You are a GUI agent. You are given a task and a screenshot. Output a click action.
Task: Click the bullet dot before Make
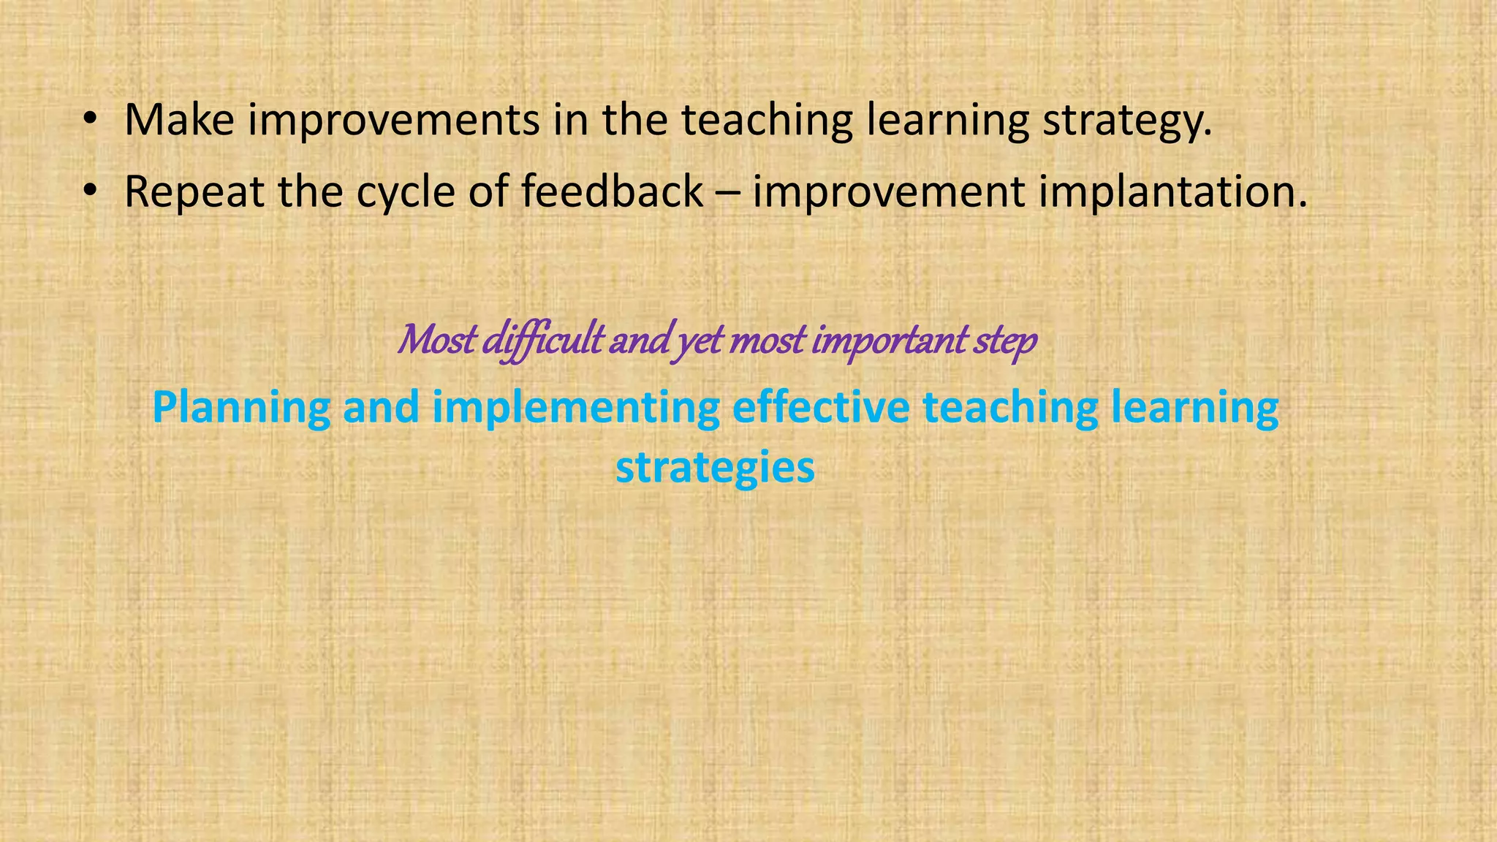pyautogui.click(x=89, y=121)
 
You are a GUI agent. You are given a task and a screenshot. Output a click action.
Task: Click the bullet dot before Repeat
pyautogui.click(x=89, y=191)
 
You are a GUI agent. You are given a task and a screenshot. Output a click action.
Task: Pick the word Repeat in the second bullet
pyautogui.click(x=194, y=191)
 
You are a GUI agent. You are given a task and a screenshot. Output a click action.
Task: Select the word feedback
pyautogui.click(x=612, y=191)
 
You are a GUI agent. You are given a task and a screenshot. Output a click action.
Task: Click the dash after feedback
pyautogui.click(x=727, y=193)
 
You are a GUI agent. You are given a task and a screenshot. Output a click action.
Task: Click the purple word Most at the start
pyautogui.click(x=436, y=340)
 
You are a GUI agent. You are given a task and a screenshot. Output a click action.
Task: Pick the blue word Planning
pyautogui.click(x=241, y=408)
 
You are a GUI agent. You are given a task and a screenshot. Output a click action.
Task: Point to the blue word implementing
pyautogui.click(x=575, y=408)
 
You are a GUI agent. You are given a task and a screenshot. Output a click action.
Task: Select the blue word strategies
pyautogui.click(x=715, y=468)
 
